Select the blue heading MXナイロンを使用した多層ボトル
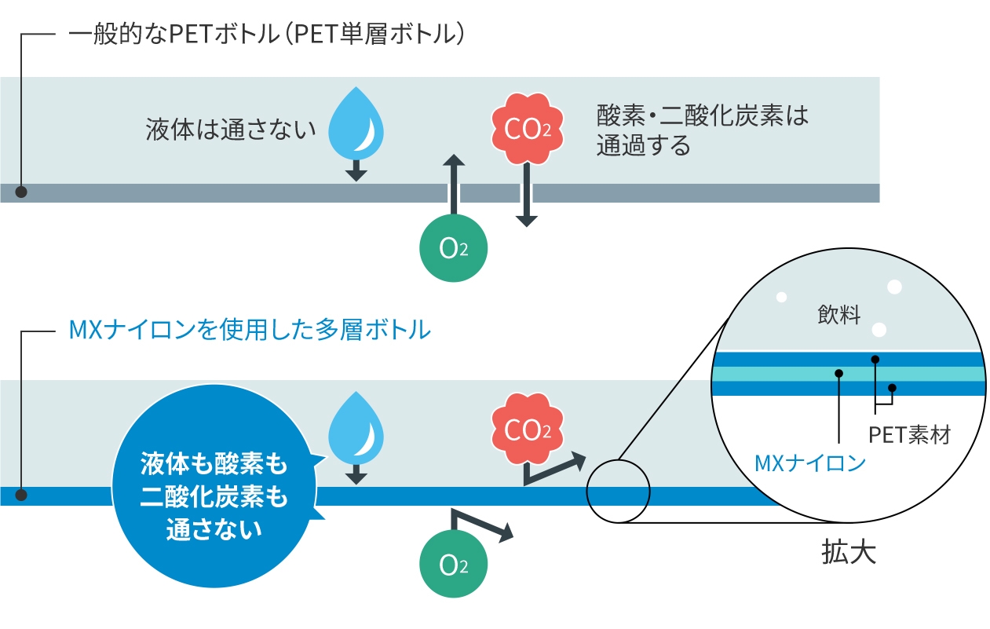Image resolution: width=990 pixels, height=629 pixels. pyautogui.click(x=250, y=330)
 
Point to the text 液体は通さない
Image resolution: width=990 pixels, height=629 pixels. pyautogui.click(x=231, y=129)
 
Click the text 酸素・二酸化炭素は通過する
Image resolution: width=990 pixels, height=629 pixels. pyautogui.click(x=702, y=130)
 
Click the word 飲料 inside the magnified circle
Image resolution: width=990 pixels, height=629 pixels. pyautogui.click(x=838, y=316)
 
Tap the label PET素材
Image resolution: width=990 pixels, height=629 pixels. pyautogui.click(x=909, y=434)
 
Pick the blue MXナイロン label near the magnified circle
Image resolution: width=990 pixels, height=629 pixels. pyautogui.click(x=809, y=463)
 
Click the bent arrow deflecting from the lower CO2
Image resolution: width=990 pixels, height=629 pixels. pyautogui.click(x=553, y=469)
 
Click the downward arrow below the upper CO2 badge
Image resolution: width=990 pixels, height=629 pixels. pyautogui.click(x=526, y=196)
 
